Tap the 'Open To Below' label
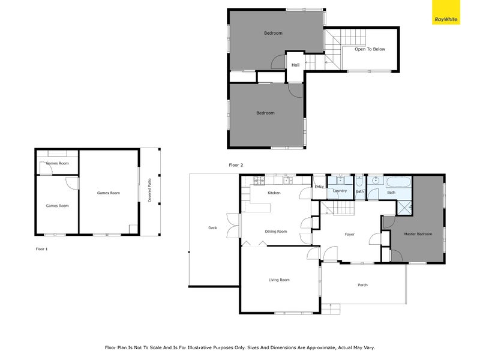pyautogui.click(x=370, y=49)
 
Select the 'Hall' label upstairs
pyautogui.click(x=295, y=65)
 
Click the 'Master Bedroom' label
pyautogui.click(x=418, y=234)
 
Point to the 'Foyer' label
pyautogui.click(x=350, y=234)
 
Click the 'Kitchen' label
pyautogui.click(x=274, y=193)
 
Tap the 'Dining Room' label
pyautogui.click(x=276, y=231)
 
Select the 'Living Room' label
pyautogui.click(x=278, y=280)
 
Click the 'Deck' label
pyautogui.click(x=212, y=228)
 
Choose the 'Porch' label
pyautogui.click(x=362, y=284)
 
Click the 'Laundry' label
pyautogui.click(x=340, y=191)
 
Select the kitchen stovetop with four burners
pyautogui.click(x=259, y=179)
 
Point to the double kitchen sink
pyautogui.click(x=287, y=179)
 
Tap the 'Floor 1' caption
pyautogui.click(x=41, y=248)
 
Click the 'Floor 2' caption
pyautogui.click(x=236, y=164)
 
